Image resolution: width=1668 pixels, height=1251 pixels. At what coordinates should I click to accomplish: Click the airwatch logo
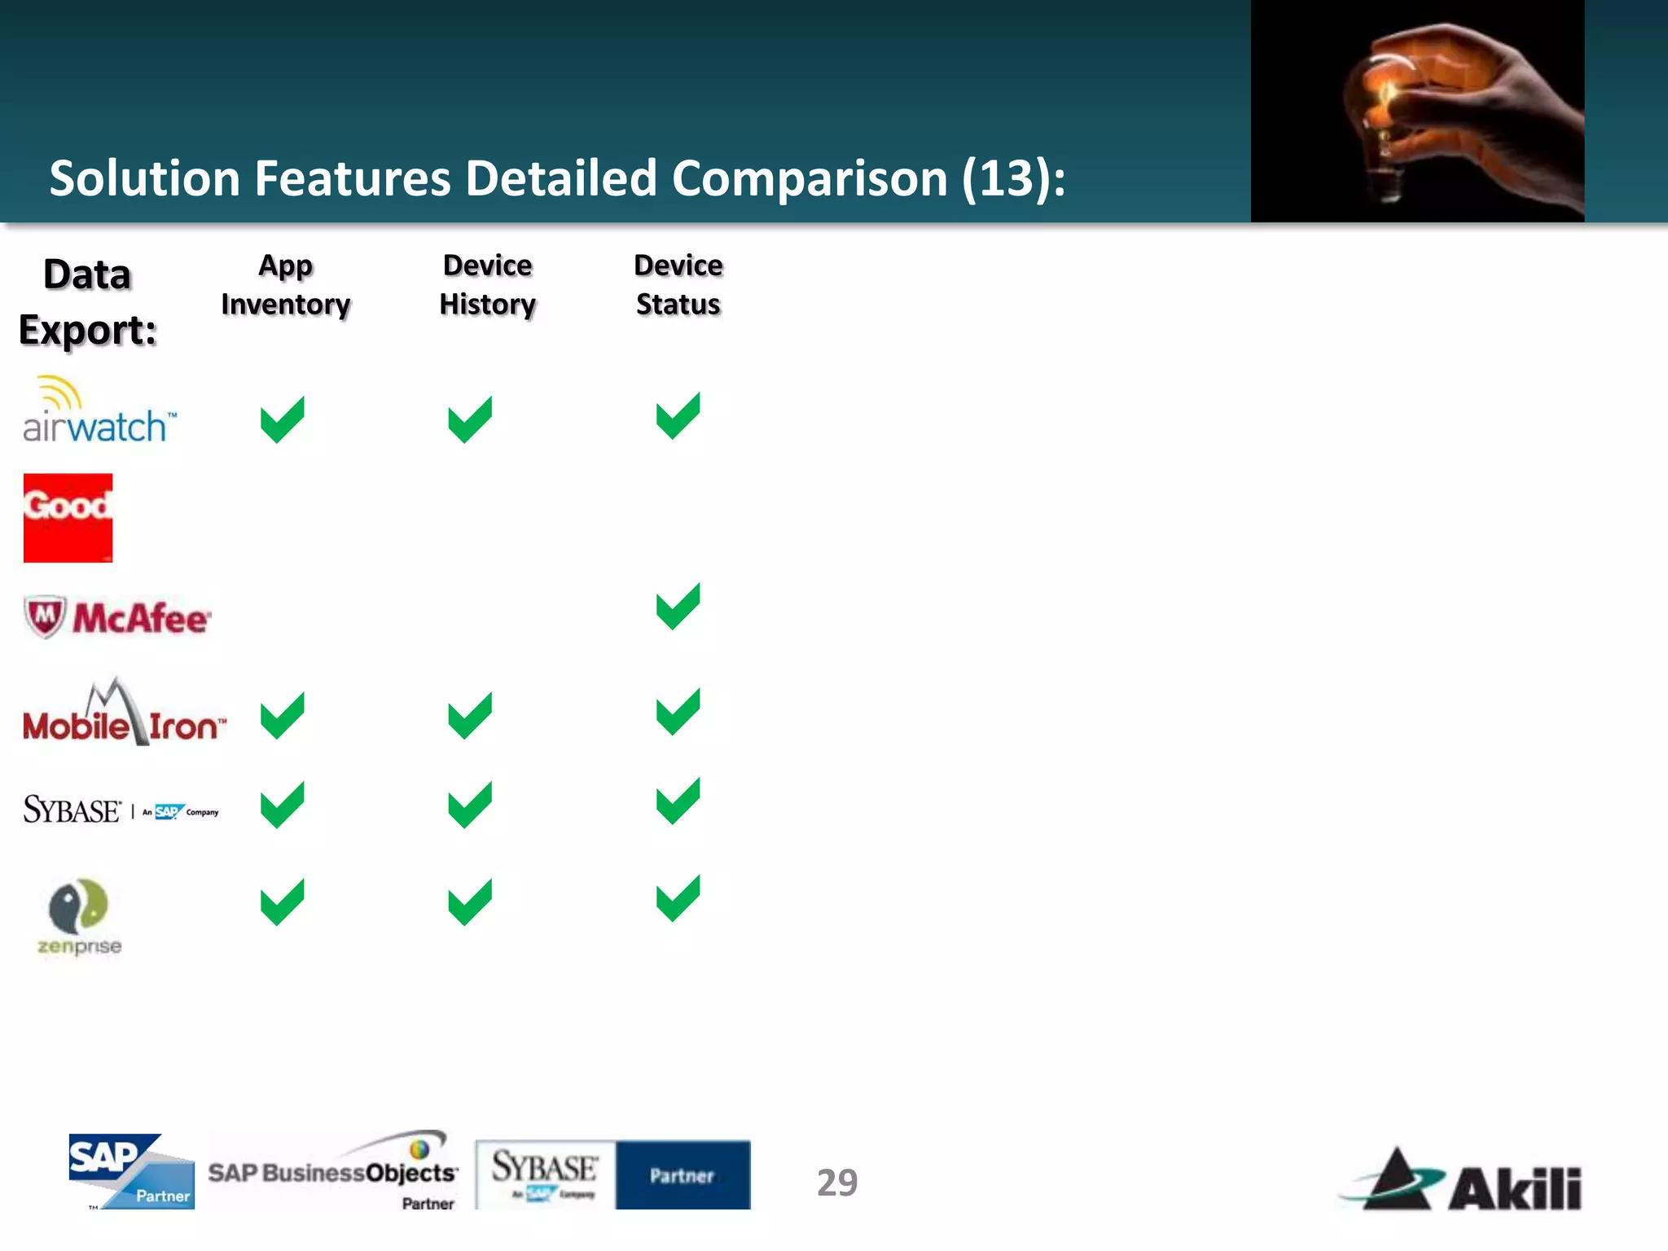(x=98, y=411)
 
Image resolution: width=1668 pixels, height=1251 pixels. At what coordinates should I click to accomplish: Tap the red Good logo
(x=68, y=518)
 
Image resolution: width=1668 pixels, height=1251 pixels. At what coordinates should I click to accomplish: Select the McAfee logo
(x=118, y=617)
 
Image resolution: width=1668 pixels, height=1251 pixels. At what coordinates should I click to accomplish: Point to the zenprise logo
(x=79, y=916)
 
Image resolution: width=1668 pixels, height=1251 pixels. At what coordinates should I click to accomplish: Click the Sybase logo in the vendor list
(x=121, y=810)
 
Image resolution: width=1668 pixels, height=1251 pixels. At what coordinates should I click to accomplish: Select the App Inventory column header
(x=286, y=285)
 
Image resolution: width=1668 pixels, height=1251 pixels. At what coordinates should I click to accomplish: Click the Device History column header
(x=488, y=285)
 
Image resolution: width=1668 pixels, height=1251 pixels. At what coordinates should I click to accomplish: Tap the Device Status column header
(x=678, y=285)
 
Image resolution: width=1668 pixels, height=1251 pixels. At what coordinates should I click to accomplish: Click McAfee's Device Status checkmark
(x=678, y=607)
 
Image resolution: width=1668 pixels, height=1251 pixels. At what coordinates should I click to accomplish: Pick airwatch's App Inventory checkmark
(x=282, y=419)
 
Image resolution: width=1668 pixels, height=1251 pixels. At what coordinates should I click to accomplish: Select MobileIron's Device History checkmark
(x=470, y=715)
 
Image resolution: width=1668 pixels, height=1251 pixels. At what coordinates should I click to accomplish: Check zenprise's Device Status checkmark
(x=678, y=898)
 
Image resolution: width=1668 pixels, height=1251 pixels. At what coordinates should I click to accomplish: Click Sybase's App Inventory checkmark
(x=282, y=805)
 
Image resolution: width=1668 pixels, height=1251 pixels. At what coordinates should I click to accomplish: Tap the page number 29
(x=837, y=1183)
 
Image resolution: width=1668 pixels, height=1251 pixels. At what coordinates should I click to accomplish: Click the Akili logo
(x=1462, y=1181)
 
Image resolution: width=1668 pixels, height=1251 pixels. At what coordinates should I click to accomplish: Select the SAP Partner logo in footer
(x=131, y=1171)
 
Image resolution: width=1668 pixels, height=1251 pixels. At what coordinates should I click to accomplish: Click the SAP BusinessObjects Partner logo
(x=333, y=1171)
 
